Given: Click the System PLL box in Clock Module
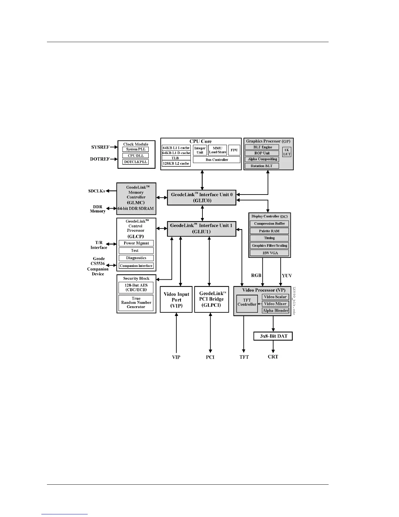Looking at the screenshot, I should (x=136, y=149).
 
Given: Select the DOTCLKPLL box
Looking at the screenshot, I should (x=136, y=162).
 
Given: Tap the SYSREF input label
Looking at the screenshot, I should (x=100, y=147).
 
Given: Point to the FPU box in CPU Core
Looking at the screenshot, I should (x=234, y=150).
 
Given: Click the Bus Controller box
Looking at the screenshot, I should (x=216, y=160).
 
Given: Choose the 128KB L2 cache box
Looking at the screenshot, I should (x=176, y=163).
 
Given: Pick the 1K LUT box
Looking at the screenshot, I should (x=287, y=152).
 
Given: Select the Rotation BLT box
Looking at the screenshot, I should (x=262, y=166).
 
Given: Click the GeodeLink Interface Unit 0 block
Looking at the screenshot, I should (x=201, y=197).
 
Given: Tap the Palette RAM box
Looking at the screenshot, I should (x=269, y=231).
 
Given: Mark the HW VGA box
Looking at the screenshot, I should (x=269, y=253).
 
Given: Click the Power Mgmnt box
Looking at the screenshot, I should (x=136, y=243).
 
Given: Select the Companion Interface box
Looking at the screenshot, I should (x=136, y=266).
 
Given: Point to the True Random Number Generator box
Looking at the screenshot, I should (x=136, y=303).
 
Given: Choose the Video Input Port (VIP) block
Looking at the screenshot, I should (x=176, y=300).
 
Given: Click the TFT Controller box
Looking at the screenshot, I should (x=247, y=303).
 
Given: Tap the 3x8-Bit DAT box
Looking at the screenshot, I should (x=273, y=336).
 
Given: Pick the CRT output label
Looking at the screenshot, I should (x=273, y=357).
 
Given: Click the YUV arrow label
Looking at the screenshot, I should (x=287, y=276).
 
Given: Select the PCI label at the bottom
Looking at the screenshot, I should (x=210, y=357).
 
